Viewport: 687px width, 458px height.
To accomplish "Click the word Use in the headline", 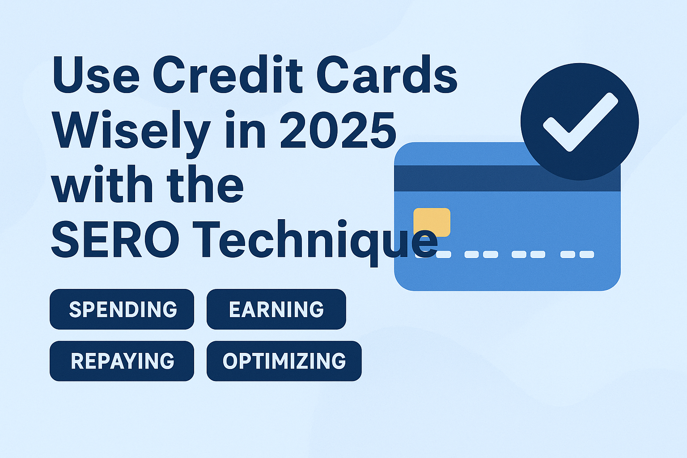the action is pyautogui.click(x=96, y=75).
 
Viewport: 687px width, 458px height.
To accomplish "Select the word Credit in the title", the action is pyautogui.click(x=228, y=74).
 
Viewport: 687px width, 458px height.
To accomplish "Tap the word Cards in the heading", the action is pyautogui.click(x=387, y=74).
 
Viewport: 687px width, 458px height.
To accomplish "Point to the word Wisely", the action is pyautogui.click(x=131, y=134).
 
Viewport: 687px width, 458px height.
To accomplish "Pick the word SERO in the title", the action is pyautogui.click(x=115, y=239).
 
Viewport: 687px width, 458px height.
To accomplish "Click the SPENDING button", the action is pyautogui.click(x=122, y=309).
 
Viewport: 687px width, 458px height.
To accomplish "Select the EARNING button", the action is pyautogui.click(x=276, y=309).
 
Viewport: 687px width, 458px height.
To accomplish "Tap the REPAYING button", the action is pyautogui.click(x=122, y=361).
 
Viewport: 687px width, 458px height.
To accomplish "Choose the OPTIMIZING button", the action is pyautogui.click(x=284, y=361).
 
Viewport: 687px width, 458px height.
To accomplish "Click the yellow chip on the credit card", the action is pyautogui.click(x=432, y=222).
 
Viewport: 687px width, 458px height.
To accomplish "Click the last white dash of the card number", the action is pyautogui.click(x=587, y=254).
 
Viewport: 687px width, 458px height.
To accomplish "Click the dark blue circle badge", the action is pyautogui.click(x=580, y=122).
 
